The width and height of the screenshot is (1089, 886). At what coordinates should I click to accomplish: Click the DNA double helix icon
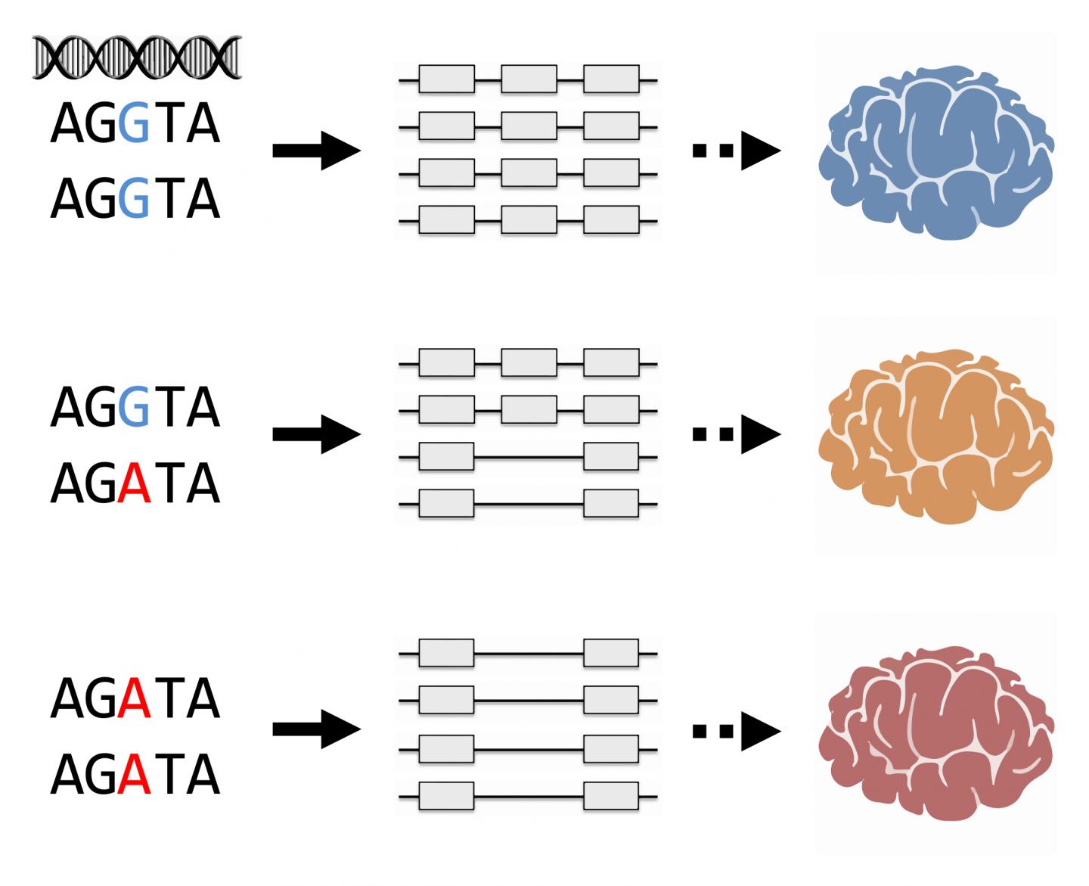[137, 58]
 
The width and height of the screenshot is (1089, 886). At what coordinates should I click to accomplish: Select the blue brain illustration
[936, 152]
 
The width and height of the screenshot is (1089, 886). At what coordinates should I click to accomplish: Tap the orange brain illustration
[936, 436]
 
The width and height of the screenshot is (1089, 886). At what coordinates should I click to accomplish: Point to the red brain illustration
[936, 732]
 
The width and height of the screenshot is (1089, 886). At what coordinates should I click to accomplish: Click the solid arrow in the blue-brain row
[316, 151]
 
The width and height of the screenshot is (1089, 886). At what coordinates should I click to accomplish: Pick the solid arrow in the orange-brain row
[316, 434]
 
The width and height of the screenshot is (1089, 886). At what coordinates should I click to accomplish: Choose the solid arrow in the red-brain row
[316, 729]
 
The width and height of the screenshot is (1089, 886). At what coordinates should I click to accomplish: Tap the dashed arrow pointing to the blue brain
[736, 151]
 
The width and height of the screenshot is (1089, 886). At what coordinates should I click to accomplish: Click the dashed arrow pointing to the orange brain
[736, 434]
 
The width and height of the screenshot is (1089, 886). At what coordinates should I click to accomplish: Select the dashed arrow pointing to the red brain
[736, 730]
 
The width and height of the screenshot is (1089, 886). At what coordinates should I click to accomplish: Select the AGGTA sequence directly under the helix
[135, 124]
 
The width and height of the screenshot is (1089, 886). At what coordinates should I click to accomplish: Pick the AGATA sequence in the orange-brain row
[135, 483]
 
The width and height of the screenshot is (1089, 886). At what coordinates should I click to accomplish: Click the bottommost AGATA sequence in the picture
[135, 775]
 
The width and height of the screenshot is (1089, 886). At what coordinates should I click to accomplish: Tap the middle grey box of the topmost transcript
[529, 79]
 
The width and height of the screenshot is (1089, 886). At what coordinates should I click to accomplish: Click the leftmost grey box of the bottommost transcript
[446, 797]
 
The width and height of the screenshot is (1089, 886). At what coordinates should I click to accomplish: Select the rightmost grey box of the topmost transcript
[611, 79]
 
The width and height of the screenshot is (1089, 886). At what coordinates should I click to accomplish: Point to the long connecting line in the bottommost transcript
[529, 797]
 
